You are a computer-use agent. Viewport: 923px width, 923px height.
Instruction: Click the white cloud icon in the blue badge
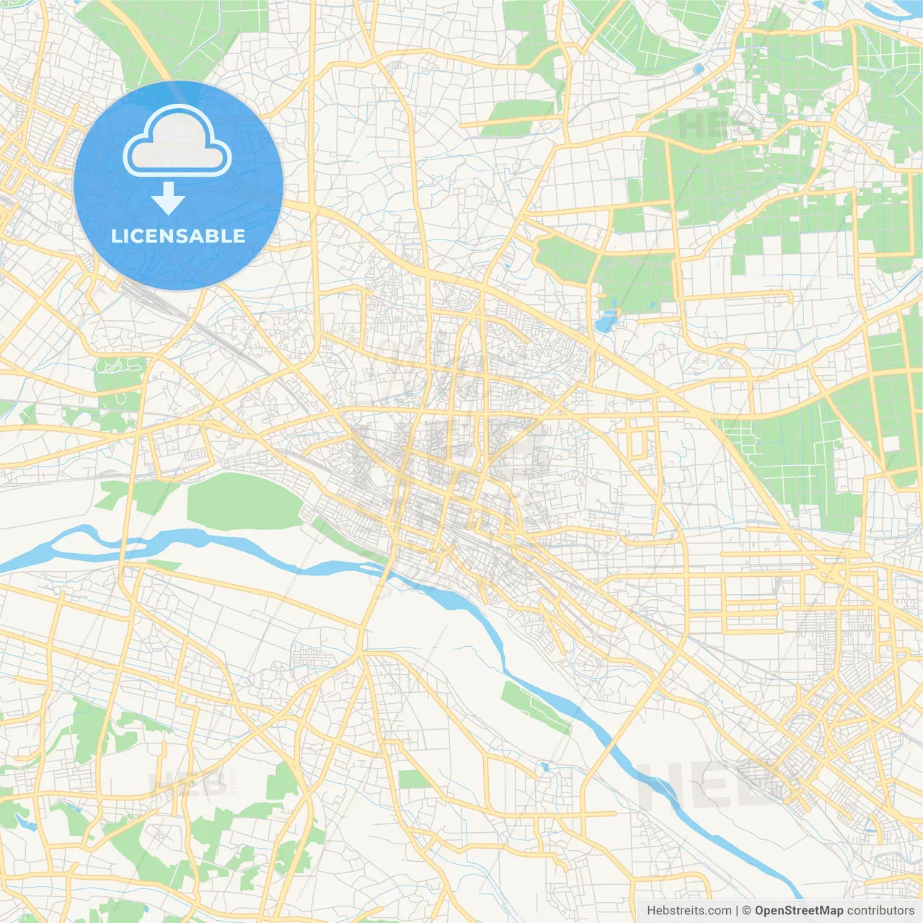pos(177,141)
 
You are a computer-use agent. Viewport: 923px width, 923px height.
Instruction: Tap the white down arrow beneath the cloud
pos(168,198)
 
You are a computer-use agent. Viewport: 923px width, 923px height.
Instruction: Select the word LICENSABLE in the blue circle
pos(178,236)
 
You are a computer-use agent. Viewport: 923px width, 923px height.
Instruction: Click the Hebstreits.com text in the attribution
pos(689,910)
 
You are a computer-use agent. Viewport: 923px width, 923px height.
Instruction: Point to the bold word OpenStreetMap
pos(798,910)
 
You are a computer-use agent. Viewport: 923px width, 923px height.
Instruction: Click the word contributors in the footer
pos(880,910)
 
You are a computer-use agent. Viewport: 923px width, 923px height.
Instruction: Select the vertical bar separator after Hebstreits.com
pos(737,910)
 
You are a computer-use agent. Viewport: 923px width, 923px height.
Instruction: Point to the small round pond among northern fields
pos(698,70)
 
